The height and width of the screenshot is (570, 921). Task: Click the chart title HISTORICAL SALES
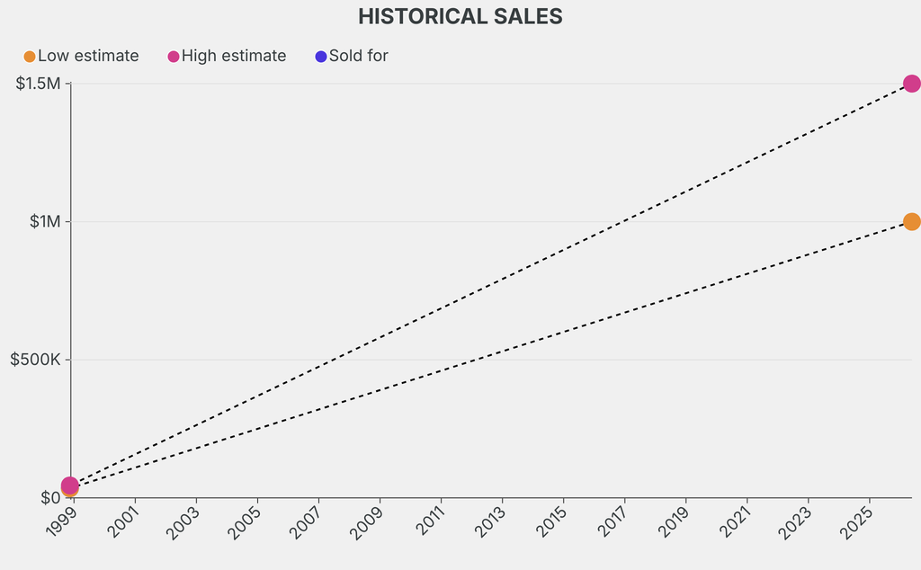(x=460, y=16)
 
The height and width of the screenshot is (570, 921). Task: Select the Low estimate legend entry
(x=87, y=56)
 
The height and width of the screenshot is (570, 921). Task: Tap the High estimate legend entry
(x=233, y=56)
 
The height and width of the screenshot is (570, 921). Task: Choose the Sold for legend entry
(x=358, y=56)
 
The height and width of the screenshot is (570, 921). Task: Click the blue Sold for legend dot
(x=321, y=57)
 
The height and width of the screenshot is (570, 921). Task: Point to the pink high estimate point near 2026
(x=911, y=84)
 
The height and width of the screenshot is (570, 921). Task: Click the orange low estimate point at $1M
(x=911, y=222)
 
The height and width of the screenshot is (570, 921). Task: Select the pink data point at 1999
(x=70, y=485)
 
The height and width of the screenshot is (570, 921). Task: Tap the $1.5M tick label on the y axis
(x=38, y=84)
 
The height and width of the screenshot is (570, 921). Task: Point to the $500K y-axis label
(x=35, y=360)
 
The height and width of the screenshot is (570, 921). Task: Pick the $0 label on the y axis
(x=50, y=497)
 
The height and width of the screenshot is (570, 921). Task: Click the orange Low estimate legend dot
(x=30, y=57)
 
